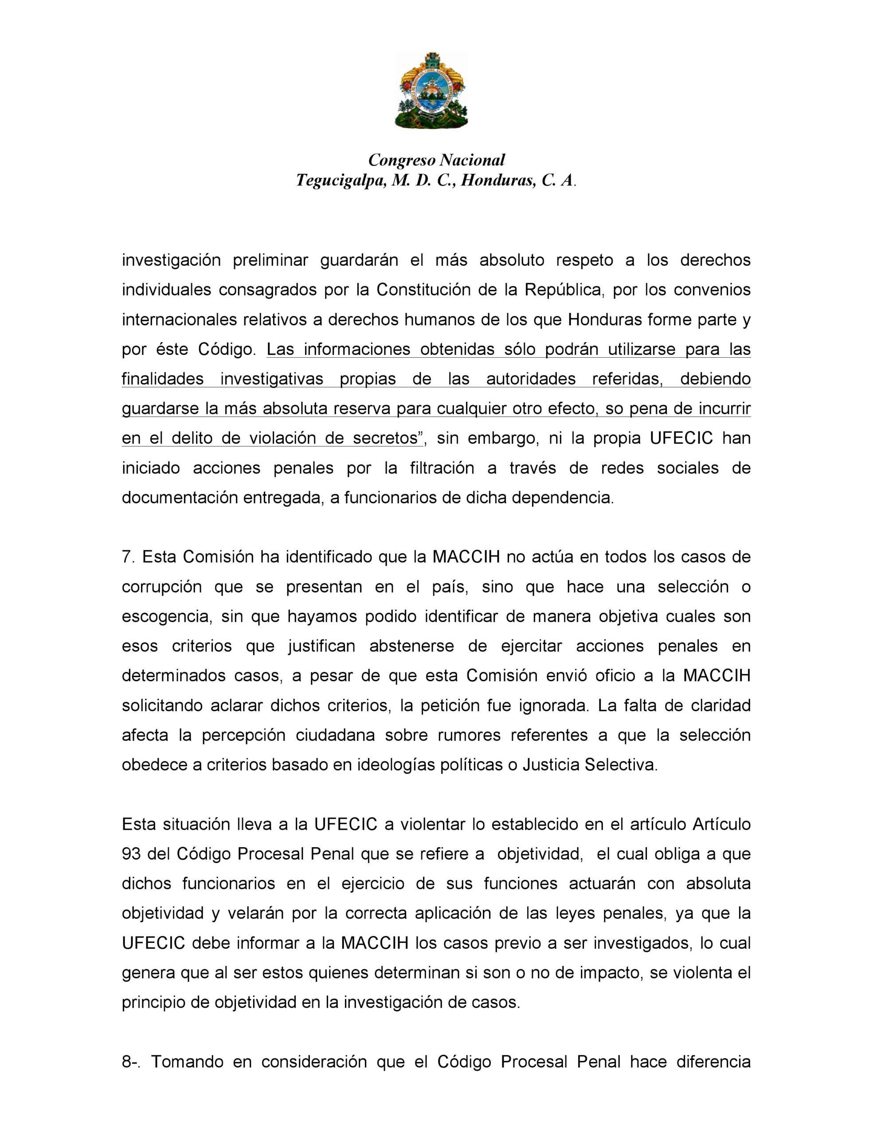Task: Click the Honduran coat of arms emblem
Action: [431, 91]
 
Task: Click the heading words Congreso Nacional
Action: [437, 160]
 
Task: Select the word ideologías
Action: [396, 765]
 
